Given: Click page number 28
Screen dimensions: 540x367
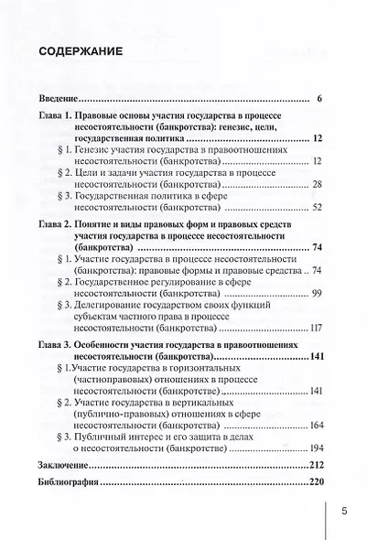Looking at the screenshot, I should (317, 183).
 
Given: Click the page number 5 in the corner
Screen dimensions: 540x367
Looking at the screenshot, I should (343, 512).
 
